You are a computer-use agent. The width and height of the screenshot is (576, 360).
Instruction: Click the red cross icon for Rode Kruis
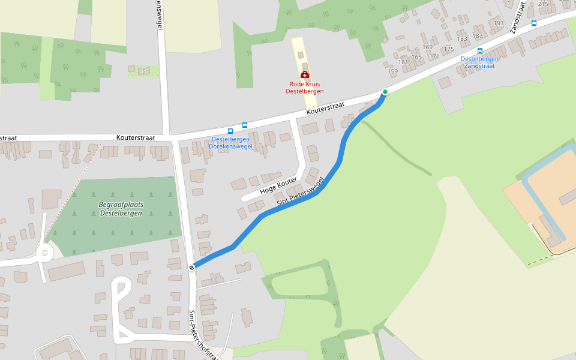305,74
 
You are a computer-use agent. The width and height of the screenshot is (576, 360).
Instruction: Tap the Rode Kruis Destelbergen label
305,87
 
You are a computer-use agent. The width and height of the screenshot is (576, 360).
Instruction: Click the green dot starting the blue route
385,92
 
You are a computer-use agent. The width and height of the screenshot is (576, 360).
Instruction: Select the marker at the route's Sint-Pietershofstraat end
191,267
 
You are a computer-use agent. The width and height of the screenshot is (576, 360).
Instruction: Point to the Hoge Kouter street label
278,187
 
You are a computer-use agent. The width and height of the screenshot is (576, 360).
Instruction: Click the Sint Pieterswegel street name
300,191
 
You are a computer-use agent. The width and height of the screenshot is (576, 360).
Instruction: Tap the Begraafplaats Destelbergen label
121,208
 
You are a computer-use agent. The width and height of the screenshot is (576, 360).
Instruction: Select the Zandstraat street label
517,17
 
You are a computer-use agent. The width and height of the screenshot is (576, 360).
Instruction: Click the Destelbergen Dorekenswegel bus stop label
230,143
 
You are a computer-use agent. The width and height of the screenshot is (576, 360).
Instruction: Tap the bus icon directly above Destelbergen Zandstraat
479,51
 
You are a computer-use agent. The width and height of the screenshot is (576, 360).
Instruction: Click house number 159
393,71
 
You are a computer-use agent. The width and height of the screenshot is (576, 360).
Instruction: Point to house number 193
499,23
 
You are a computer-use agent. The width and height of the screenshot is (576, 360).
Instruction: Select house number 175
449,49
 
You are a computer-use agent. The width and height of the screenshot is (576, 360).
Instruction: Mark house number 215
544,4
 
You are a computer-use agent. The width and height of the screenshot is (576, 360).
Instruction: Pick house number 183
462,39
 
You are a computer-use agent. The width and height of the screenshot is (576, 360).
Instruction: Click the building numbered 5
143,71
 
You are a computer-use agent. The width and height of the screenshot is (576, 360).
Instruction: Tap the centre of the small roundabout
44,253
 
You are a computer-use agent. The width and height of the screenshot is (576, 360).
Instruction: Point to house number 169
427,47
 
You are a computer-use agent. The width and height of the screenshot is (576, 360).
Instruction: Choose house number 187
478,35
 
